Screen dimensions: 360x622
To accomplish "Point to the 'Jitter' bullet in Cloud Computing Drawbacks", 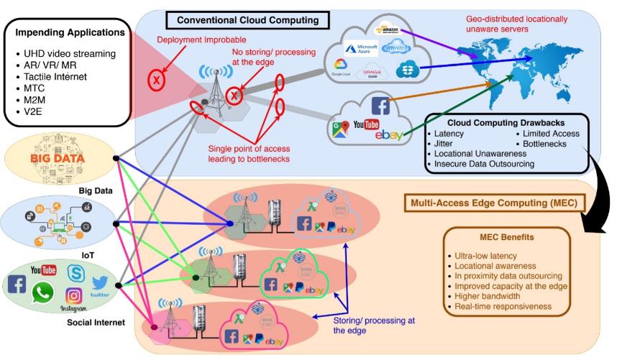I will (445, 144).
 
